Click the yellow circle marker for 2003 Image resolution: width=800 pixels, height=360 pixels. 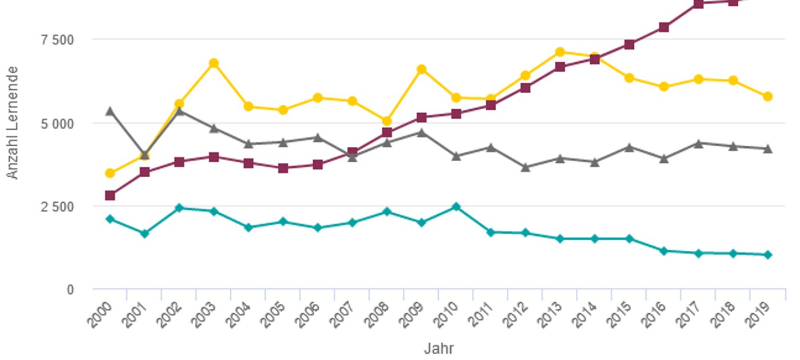coord(214,63)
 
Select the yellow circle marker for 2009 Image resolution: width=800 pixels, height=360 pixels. coord(422,69)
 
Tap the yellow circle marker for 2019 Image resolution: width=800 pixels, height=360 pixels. coord(767,97)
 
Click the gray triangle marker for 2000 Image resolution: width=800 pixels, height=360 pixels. coord(110,111)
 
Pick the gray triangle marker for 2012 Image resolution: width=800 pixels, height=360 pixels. coord(526,167)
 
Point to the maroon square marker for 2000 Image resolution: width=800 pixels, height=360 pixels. coord(110,195)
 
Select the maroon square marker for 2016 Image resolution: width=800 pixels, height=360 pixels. coord(664,27)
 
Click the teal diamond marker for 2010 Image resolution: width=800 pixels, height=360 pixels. coord(456,207)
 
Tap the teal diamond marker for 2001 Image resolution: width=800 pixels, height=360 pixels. coord(145,233)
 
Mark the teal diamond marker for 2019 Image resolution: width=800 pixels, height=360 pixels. coord(767,255)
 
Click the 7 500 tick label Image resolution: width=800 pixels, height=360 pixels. coord(57,39)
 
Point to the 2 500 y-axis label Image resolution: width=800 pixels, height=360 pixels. coord(57,206)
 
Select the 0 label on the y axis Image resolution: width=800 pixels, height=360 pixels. coord(70,290)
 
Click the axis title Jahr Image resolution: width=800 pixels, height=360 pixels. coord(439,349)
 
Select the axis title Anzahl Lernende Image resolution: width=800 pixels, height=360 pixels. coord(13,123)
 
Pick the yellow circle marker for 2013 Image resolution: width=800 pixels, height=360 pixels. coord(560,52)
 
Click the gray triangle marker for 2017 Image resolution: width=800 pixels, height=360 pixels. coord(698,143)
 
